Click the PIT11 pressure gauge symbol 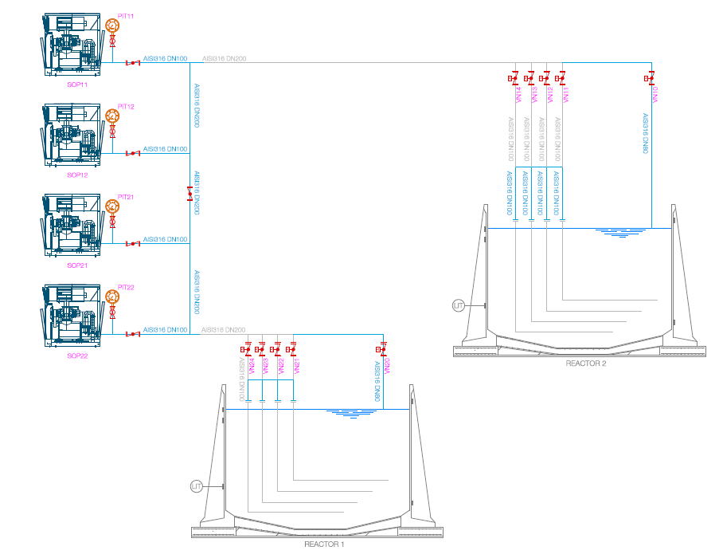112,26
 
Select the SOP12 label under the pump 77,175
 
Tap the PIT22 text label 126,287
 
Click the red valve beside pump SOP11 132,62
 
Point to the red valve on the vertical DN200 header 190,195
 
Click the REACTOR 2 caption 586,363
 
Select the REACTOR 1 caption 324,544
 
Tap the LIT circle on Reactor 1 197,485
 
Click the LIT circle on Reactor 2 458,305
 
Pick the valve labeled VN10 651,78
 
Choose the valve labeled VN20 383,349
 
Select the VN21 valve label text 295,367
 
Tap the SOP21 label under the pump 77,265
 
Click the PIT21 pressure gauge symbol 112,206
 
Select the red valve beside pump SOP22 132,333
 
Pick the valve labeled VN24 245,349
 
